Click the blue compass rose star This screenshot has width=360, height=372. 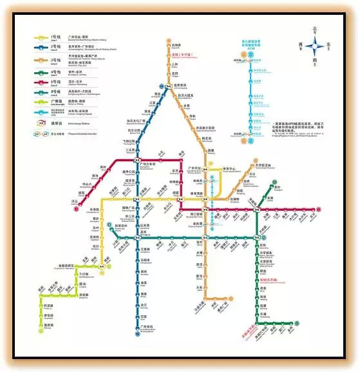coord(316,46)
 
